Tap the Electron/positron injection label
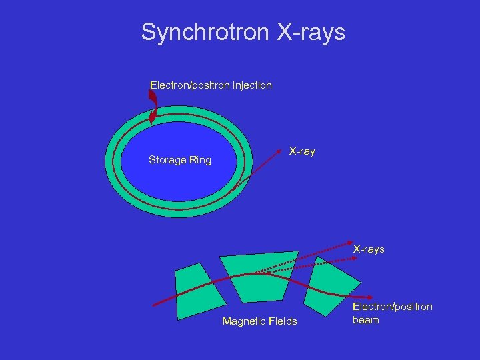tap(211, 85)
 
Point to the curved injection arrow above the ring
tap(153, 106)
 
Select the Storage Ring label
tap(179, 160)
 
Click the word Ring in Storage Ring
tap(199, 160)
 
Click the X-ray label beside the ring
tap(302, 151)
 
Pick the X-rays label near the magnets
tap(369, 249)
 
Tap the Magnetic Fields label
tap(259, 322)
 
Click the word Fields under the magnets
tap(283, 322)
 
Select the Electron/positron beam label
tap(392, 313)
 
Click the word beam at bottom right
tap(365, 320)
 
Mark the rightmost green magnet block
tap(336, 283)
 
